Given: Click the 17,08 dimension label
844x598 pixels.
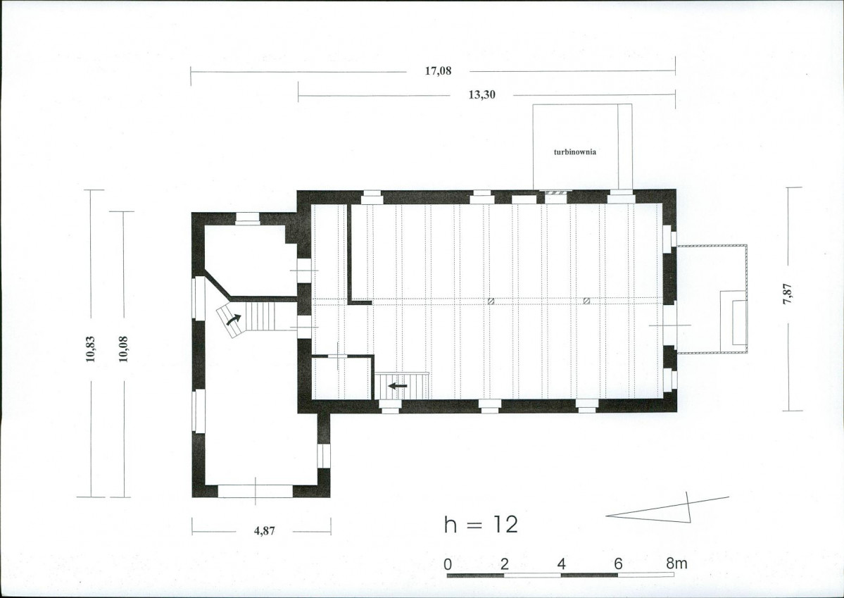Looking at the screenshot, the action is pyautogui.click(x=438, y=70).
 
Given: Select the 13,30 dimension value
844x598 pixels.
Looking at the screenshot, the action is pyautogui.click(x=481, y=95).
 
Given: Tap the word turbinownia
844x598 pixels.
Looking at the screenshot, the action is pyautogui.click(x=575, y=152).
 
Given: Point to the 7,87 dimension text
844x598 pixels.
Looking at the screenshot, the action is pyautogui.click(x=787, y=294).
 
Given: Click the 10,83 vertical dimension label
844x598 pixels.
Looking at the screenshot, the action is pyautogui.click(x=90, y=349).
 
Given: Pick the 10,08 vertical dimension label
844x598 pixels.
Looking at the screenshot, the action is pyautogui.click(x=123, y=349).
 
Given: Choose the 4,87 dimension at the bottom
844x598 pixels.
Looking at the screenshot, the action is pyautogui.click(x=264, y=530).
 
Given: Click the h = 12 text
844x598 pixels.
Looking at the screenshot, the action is pyautogui.click(x=481, y=524).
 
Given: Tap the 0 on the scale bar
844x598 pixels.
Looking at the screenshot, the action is pyautogui.click(x=448, y=565).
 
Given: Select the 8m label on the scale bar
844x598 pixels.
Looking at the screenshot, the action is pyautogui.click(x=676, y=564).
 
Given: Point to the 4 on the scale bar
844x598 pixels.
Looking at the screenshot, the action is pyautogui.click(x=562, y=565).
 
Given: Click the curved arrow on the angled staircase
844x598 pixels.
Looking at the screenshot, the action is pyautogui.click(x=233, y=320).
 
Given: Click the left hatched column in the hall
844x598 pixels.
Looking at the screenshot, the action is pyautogui.click(x=491, y=301).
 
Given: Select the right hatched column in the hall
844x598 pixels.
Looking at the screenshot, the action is pyautogui.click(x=586, y=301).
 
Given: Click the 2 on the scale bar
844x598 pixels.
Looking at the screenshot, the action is pyautogui.click(x=504, y=565).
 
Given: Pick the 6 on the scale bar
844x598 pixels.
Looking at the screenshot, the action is pyautogui.click(x=618, y=565).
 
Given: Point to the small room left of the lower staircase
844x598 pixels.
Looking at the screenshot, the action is pyautogui.click(x=341, y=379).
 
